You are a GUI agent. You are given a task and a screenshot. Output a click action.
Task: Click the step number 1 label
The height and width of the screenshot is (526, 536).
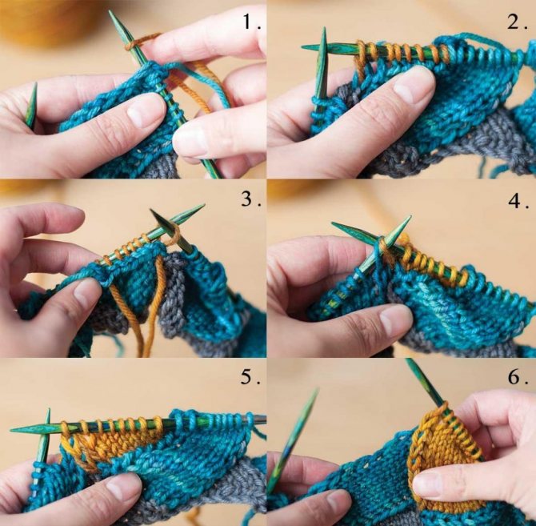[x=251, y=22]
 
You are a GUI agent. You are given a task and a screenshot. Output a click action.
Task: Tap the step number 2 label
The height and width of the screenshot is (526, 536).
[x=517, y=22]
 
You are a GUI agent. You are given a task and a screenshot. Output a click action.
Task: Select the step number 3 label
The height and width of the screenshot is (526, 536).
[x=251, y=199]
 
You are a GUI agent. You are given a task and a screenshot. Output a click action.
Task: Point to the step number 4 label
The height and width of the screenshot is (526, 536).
[x=518, y=201]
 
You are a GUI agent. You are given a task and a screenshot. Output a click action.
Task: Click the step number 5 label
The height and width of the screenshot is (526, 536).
[x=251, y=377]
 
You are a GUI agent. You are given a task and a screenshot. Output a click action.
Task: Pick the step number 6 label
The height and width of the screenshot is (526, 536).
[x=518, y=377]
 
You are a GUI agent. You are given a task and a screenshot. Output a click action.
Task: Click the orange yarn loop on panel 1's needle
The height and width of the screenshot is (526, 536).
[x=140, y=42]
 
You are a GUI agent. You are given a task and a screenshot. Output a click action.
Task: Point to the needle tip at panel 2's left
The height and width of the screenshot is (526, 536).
[x=302, y=47]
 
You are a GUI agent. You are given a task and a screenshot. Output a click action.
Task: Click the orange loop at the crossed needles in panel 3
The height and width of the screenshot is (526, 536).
[x=174, y=235]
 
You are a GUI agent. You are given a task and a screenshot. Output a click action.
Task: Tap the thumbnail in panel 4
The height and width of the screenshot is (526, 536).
[x=395, y=319]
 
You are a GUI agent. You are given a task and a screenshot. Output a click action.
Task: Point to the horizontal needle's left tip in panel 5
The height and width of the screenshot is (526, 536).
[x=12, y=430]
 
